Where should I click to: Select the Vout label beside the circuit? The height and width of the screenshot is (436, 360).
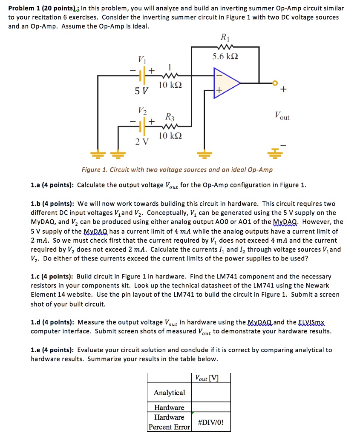tap(282, 115)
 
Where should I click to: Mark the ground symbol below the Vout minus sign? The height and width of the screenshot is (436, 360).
tap(276, 152)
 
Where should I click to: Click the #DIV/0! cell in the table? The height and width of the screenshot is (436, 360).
tap(211, 422)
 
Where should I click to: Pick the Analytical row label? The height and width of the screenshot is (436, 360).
tap(169, 392)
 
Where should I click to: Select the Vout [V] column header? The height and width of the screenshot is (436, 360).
tap(207, 378)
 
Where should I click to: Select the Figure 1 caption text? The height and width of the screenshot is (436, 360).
tap(177, 170)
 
